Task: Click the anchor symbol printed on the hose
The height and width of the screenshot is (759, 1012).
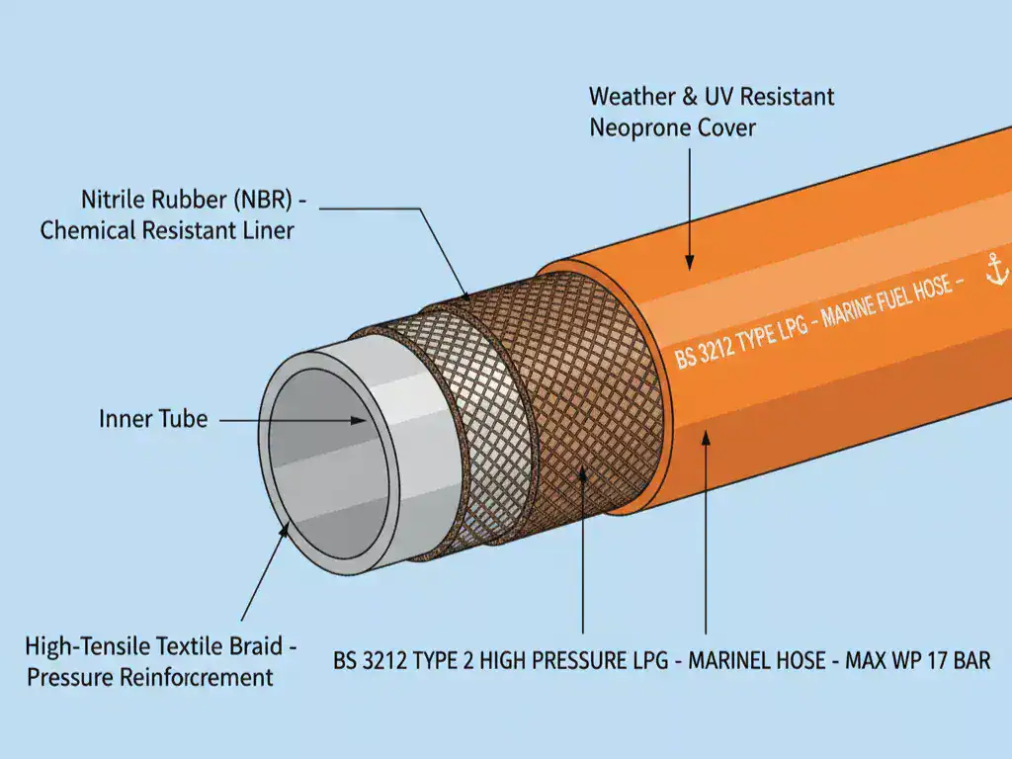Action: pos(996,269)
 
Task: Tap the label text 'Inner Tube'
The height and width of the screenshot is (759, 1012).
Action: pos(153,419)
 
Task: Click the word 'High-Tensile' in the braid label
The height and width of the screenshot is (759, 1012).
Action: pos(86,648)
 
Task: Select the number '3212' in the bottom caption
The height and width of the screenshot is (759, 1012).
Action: pos(388,660)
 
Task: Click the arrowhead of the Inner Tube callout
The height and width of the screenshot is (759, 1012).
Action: pos(361,421)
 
